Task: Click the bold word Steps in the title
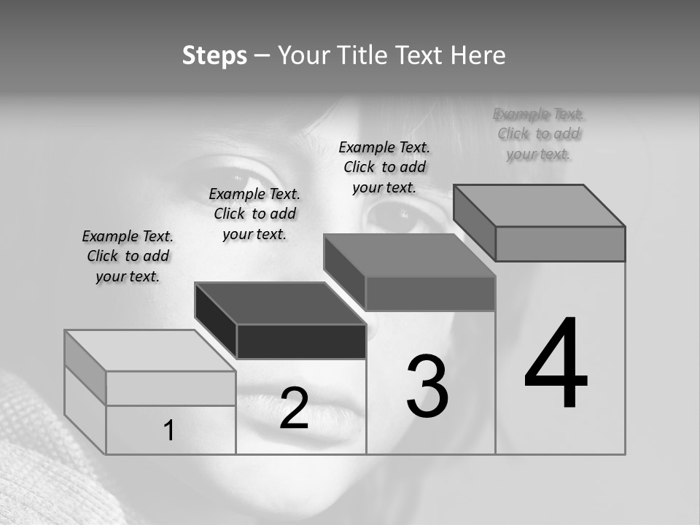[214, 55]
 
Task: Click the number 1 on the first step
[169, 431]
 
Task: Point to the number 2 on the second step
[294, 408]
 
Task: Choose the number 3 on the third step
[427, 386]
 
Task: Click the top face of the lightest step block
[149, 351]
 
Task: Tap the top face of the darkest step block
[281, 303]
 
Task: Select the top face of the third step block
[410, 255]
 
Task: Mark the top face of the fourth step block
[540, 206]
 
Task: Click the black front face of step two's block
[301, 341]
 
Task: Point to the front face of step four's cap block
[560, 244]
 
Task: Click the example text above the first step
[128, 256]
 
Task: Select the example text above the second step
[254, 214]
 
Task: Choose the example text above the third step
[384, 167]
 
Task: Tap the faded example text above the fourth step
[538, 133]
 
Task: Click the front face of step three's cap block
[430, 293]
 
